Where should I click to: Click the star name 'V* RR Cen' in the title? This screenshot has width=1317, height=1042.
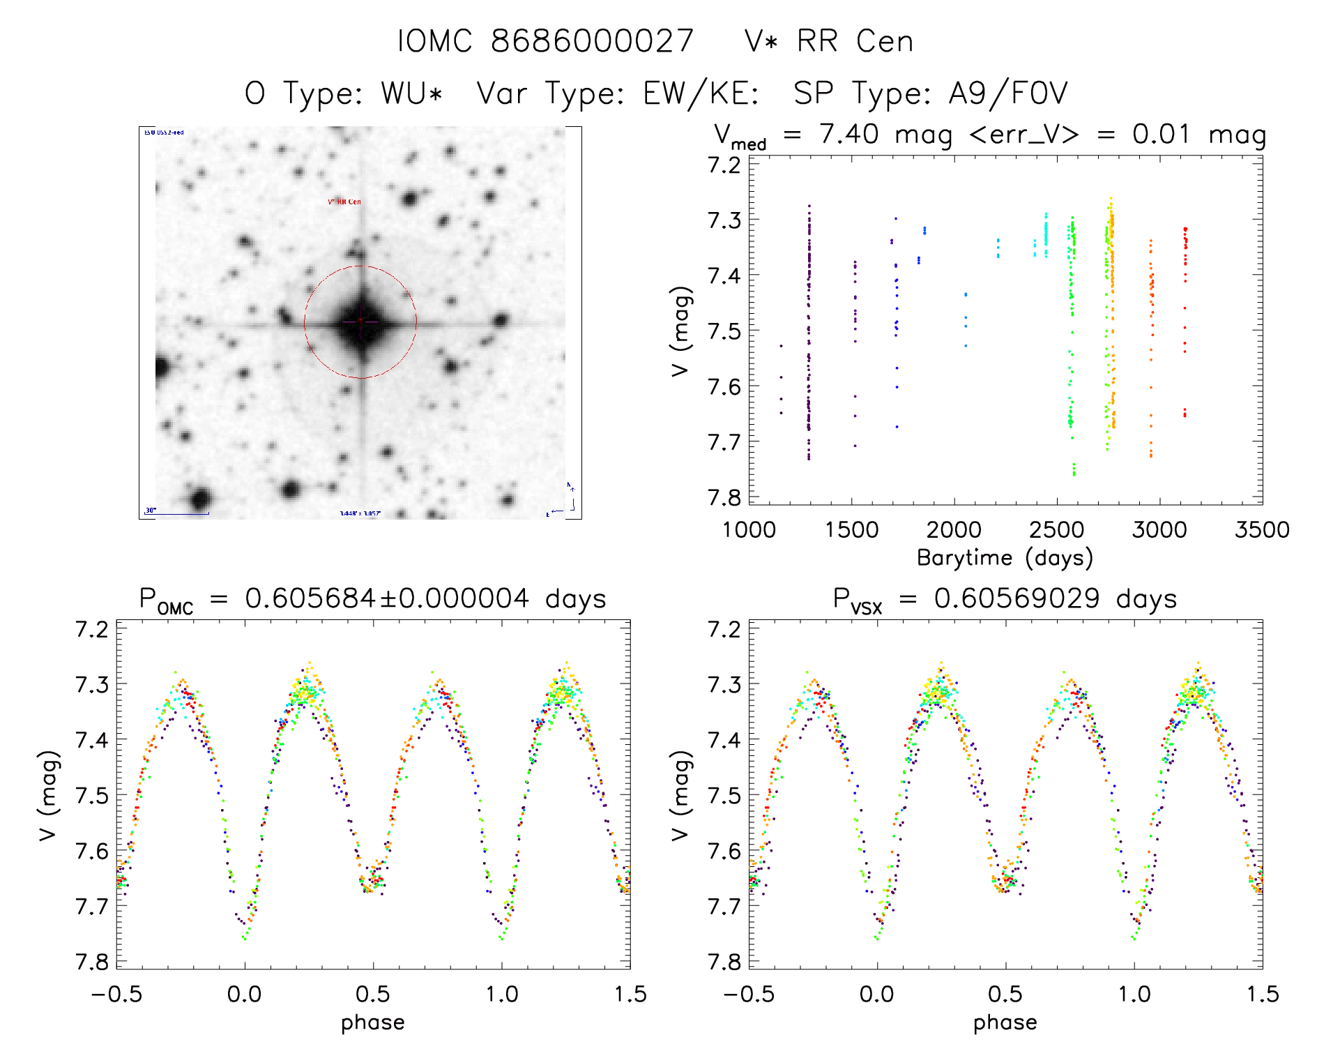[828, 41]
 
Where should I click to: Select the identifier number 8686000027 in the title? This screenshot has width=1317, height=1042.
[592, 41]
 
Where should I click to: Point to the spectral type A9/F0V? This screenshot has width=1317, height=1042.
[1007, 93]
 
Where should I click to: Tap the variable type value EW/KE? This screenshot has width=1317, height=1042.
[701, 93]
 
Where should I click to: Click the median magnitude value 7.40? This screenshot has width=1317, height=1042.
[848, 134]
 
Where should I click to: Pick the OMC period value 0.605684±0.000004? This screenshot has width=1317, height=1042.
[387, 598]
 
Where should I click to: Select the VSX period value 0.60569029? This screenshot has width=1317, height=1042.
[1017, 598]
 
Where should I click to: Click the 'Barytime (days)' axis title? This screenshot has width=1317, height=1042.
[1005, 558]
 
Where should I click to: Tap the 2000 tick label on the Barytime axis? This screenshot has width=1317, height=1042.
[953, 530]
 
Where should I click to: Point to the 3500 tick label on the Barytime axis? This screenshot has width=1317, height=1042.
[1261, 530]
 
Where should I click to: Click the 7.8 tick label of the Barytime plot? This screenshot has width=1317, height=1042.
[724, 497]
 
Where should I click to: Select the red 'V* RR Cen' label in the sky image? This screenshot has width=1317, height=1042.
[344, 202]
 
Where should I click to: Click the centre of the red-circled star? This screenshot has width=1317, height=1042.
[360, 322]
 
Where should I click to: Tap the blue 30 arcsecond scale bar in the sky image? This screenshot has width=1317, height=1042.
[176, 514]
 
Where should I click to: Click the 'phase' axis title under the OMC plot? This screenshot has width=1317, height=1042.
[372, 1022]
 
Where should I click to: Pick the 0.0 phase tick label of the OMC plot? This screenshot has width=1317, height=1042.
[245, 994]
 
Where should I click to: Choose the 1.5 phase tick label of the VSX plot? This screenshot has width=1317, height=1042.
[1262, 994]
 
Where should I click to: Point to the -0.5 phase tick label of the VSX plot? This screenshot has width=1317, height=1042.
[748, 994]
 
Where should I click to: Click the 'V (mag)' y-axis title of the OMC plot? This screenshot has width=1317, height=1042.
[48, 796]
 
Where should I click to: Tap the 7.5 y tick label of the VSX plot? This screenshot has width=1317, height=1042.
[724, 795]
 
